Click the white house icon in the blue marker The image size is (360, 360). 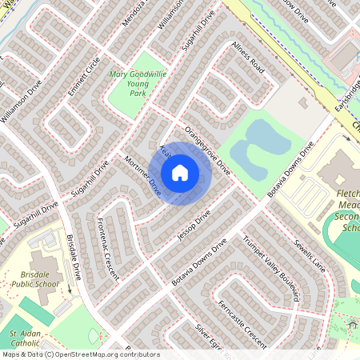point(180,172)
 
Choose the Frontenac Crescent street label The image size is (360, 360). point(103,249)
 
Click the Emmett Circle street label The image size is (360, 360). point(83,76)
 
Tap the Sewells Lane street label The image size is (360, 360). point(307,254)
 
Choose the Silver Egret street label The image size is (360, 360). point(210,340)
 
